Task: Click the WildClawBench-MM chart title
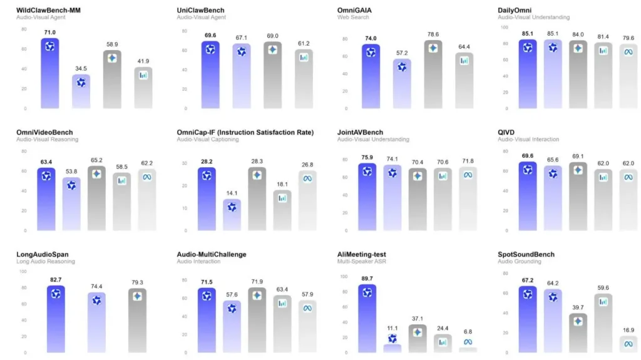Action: [x=48, y=10]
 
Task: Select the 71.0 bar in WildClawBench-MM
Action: [x=50, y=73]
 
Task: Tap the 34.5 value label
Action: [x=81, y=69]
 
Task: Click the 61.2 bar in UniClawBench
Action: [x=304, y=79]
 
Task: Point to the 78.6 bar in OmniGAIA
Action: [x=433, y=74]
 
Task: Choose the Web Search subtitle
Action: [x=353, y=17]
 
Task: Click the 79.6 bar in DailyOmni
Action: [x=628, y=76]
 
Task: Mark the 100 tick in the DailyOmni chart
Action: [x=505, y=28]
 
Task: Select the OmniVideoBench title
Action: [x=44, y=132]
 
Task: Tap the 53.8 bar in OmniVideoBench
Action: [x=71, y=203]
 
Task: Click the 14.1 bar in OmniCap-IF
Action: [x=232, y=215]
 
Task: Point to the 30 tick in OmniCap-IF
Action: [x=185, y=163]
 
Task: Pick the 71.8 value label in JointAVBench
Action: [x=468, y=161]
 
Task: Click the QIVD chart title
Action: [x=506, y=132]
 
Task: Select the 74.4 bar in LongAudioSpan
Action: [x=96, y=322]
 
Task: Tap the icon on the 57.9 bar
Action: [x=307, y=309]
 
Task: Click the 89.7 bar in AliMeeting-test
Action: [x=367, y=318]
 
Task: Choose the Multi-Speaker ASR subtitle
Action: [x=361, y=262]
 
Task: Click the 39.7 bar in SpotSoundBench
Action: [x=578, y=333]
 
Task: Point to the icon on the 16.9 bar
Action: [x=628, y=344]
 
